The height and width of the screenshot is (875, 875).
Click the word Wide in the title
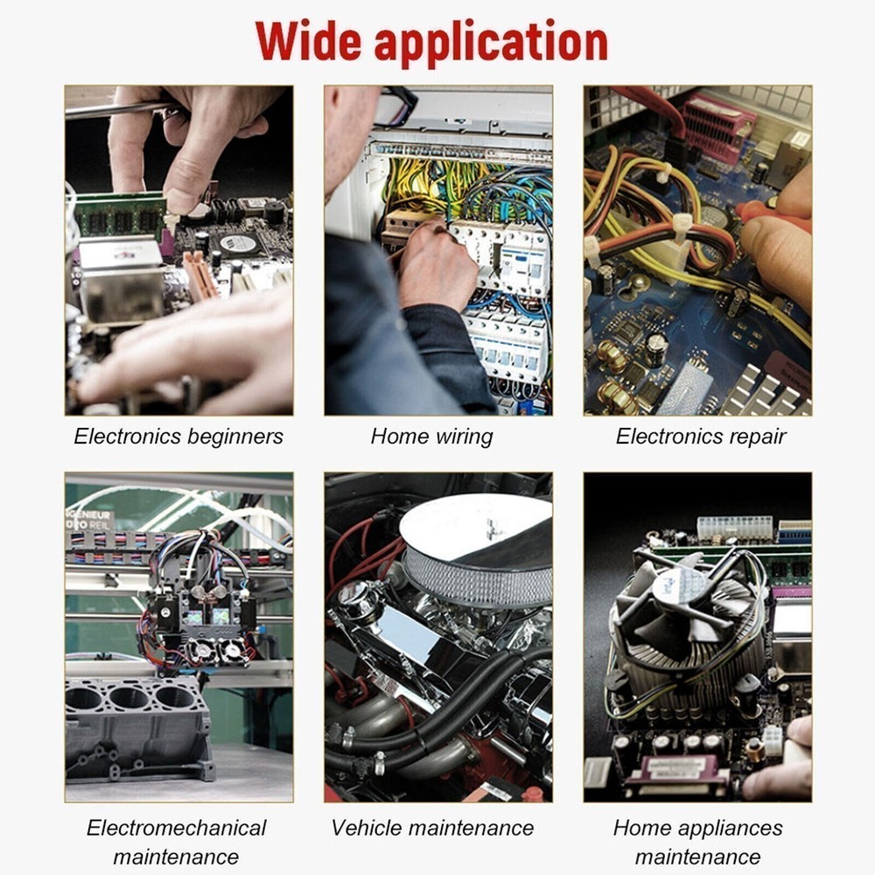(309, 42)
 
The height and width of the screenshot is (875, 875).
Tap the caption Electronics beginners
(178, 437)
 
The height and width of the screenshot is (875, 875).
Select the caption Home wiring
(432, 437)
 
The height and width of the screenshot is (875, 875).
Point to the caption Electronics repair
(701, 437)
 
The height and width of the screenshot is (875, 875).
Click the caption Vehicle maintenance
(432, 828)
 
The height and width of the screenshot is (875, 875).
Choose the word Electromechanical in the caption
(177, 828)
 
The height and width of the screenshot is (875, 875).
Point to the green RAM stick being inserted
(120, 215)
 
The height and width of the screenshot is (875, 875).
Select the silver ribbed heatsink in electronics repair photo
(767, 390)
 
